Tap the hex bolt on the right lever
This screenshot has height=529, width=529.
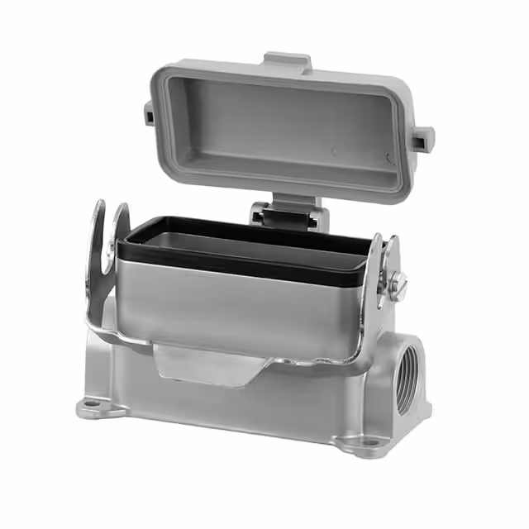401,284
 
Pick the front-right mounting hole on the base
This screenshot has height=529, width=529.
365,447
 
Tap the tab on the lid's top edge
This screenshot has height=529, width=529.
287,62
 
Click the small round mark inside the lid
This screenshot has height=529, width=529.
334,151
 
